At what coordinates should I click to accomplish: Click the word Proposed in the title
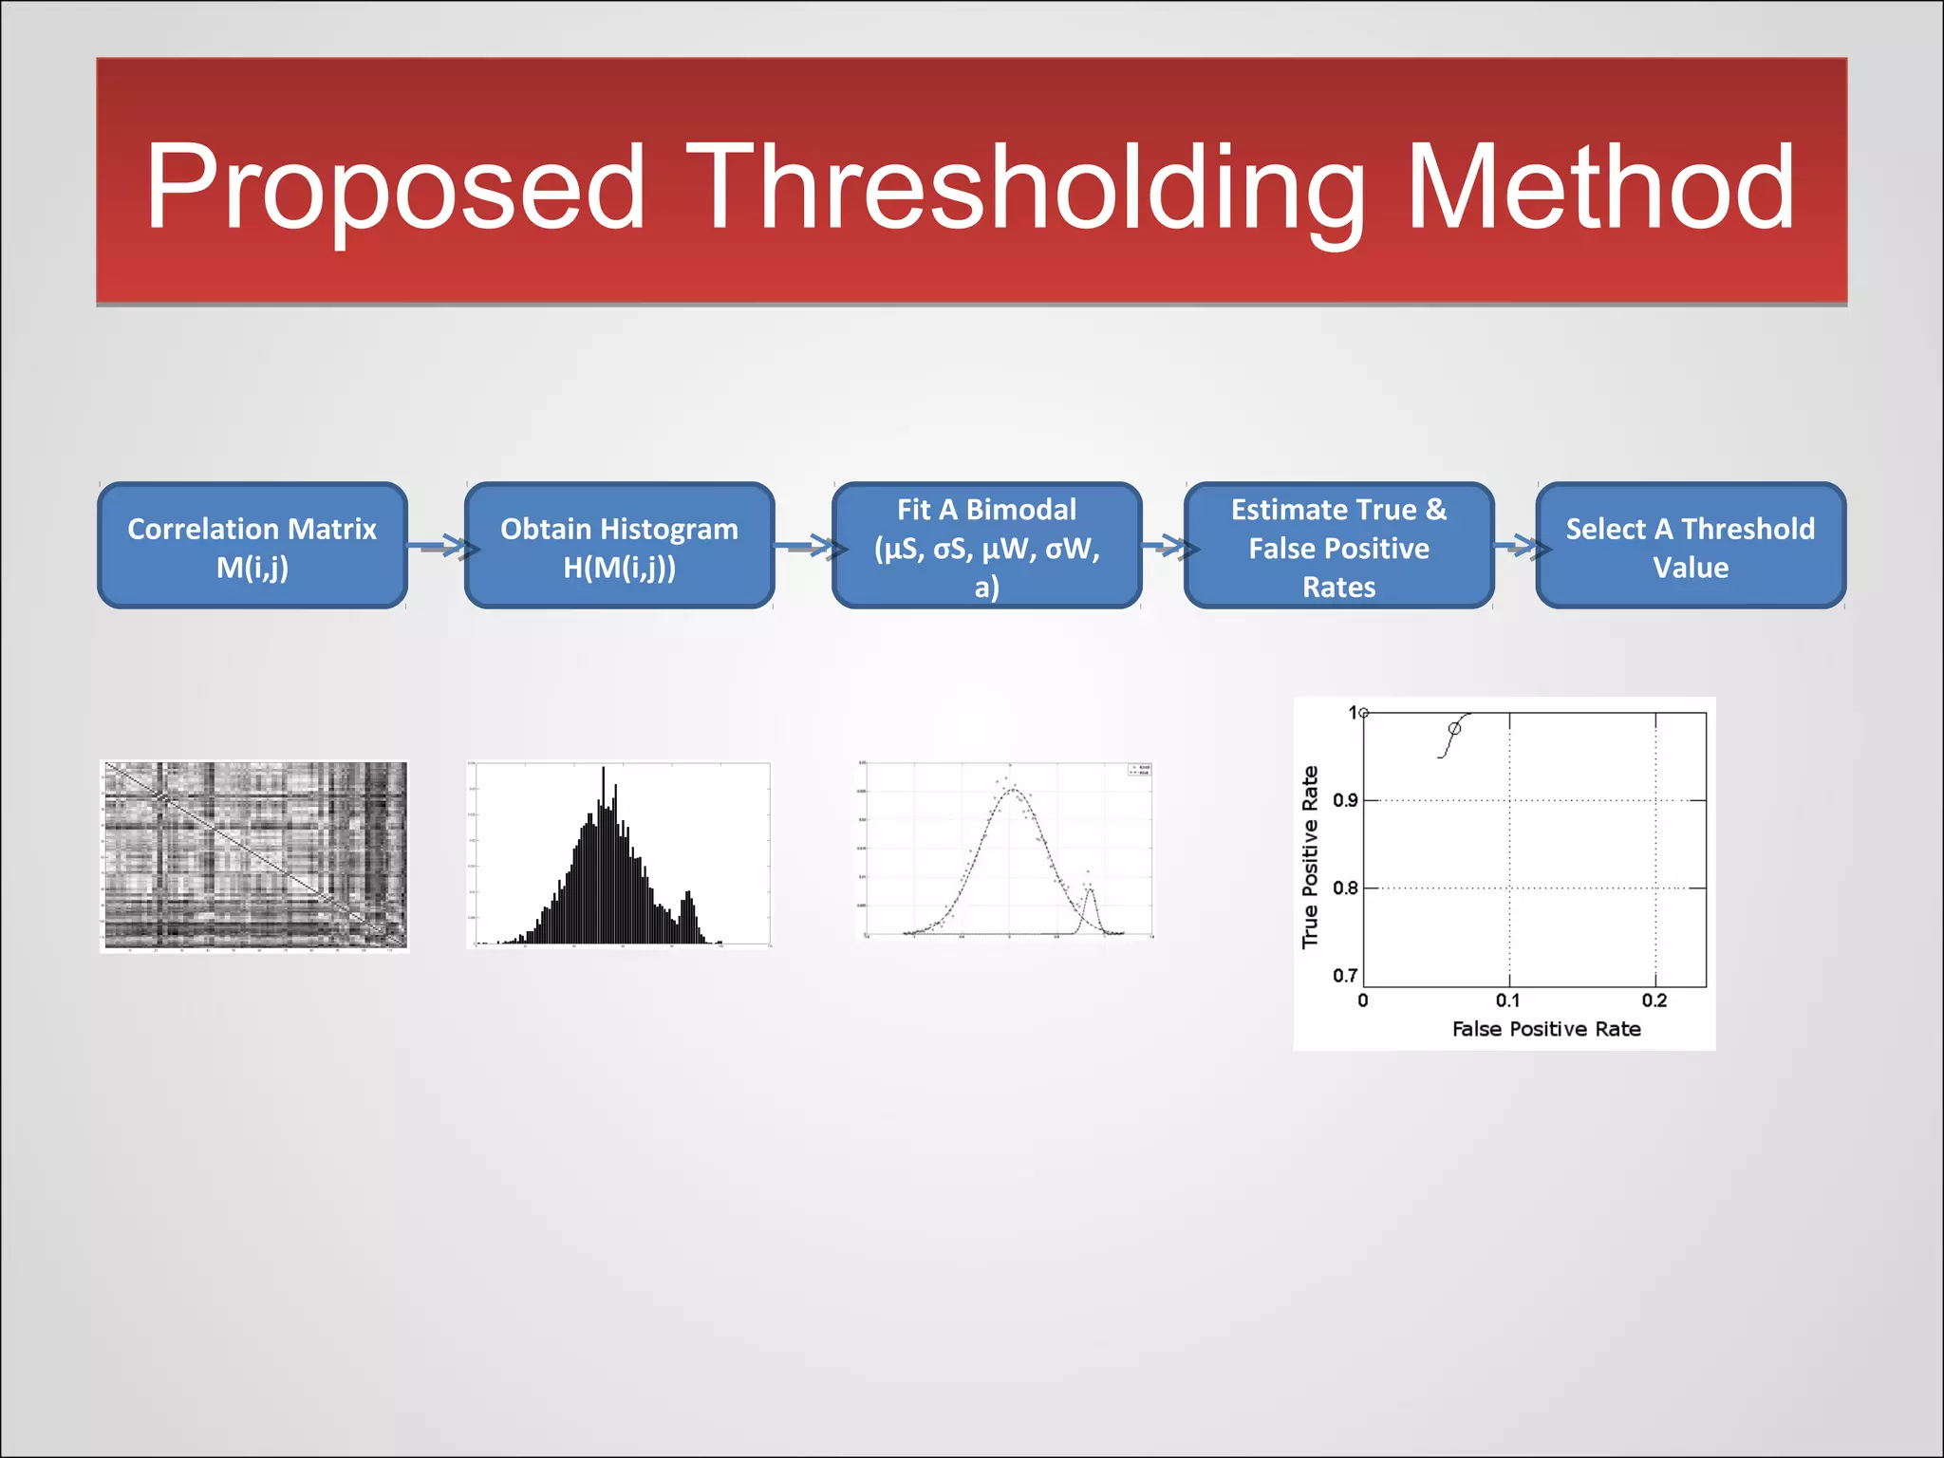(x=394, y=187)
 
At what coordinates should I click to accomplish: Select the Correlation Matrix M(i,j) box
(x=252, y=547)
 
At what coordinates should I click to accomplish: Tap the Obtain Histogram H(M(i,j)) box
(x=619, y=547)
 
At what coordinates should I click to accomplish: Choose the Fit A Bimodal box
(x=986, y=547)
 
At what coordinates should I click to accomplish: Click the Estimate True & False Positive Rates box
(x=1338, y=547)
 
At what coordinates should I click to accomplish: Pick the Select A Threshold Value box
(x=1690, y=547)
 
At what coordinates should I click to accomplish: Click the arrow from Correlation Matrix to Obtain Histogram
(x=439, y=547)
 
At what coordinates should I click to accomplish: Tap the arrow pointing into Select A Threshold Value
(x=1517, y=546)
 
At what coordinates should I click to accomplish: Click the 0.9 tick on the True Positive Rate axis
(x=1345, y=800)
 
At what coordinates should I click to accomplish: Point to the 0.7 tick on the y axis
(x=1345, y=976)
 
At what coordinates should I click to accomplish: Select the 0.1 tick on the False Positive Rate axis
(x=1507, y=1000)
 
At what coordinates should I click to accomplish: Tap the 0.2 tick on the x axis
(x=1654, y=1000)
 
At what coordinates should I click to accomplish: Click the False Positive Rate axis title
(x=1546, y=1029)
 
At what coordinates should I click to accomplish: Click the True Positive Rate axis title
(x=1311, y=857)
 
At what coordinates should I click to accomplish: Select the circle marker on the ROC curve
(x=1454, y=729)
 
